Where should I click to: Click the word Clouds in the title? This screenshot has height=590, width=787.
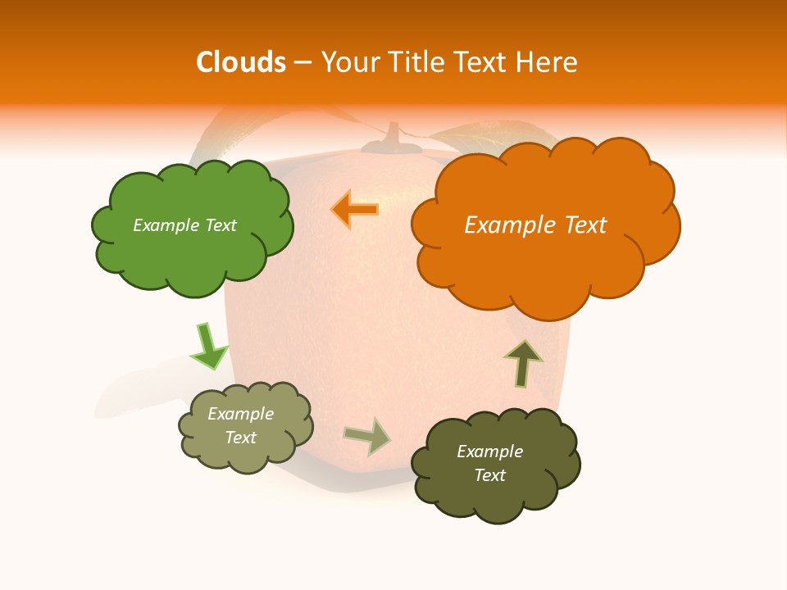tap(241, 62)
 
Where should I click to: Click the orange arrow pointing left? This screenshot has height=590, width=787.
tap(355, 210)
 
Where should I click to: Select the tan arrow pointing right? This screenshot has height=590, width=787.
tap(368, 436)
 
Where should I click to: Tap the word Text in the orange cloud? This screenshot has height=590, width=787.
tap(585, 225)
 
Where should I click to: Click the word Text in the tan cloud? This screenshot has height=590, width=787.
tap(241, 438)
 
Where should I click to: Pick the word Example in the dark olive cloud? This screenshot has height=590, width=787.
tap(489, 452)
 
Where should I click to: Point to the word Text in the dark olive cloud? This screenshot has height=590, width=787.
tap(489, 475)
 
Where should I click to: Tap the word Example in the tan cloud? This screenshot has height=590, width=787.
tap(241, 414)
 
